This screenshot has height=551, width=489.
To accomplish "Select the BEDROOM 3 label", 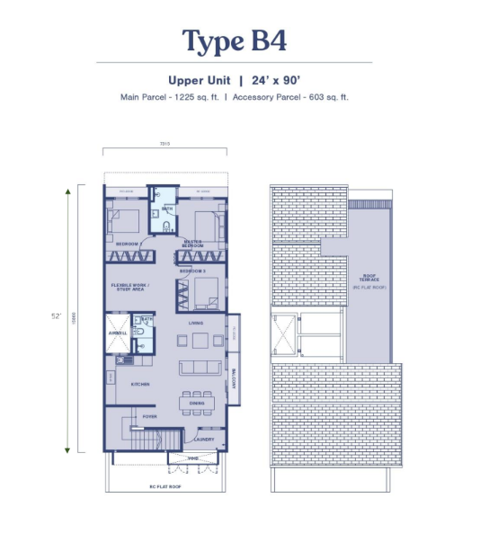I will pos(193,270).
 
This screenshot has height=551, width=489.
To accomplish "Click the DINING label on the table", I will pos(197,403).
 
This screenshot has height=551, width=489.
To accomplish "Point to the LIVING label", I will pos(194,323).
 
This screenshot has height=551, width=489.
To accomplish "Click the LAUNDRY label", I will pos(203,439).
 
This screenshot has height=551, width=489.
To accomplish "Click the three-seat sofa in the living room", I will pos(200,367).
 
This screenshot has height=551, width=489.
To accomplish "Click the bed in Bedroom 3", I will pos(205,293).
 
